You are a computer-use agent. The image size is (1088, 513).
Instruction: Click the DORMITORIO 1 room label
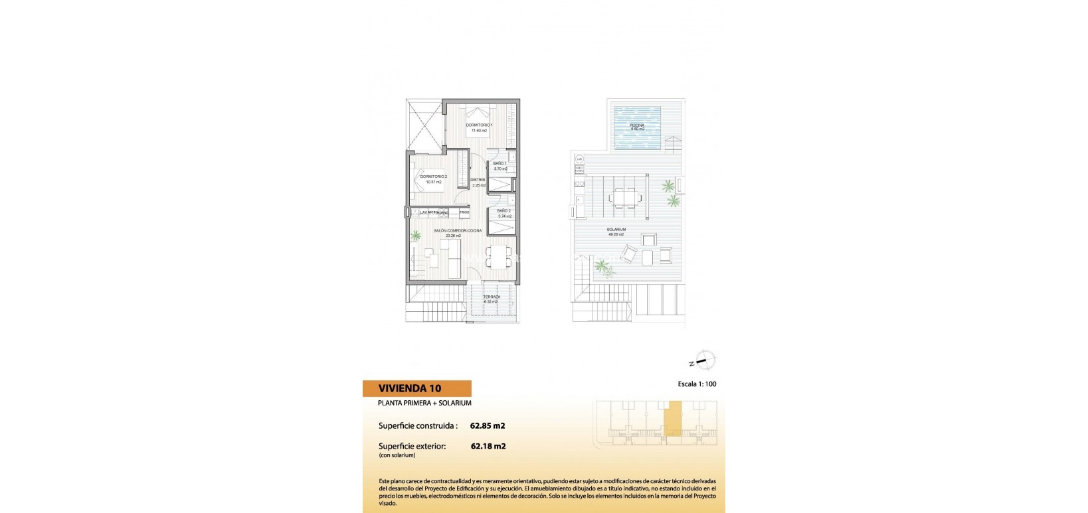[479, 125]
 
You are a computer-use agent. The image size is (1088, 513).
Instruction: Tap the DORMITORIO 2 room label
[432, 177]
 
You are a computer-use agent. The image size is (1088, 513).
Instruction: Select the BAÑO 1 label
[500, 163]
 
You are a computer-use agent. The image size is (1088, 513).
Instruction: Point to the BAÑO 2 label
[504, 211]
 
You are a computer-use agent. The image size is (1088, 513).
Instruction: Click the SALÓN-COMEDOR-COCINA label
[458, 230]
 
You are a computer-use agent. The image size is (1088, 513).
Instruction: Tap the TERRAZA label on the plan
[491, 297]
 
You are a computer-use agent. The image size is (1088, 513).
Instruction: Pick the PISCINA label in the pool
[637, 125]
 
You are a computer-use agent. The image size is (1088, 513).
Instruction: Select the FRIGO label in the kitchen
[464, 212]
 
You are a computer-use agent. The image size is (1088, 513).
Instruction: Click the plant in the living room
[416, 235]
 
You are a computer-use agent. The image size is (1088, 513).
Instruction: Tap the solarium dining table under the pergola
[624, 197]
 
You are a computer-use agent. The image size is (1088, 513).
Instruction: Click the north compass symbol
[704, 361]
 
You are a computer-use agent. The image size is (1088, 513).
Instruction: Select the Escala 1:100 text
[697, 384]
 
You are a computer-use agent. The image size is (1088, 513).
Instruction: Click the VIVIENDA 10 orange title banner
[416, 388]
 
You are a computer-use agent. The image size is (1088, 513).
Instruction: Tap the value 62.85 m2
[488, 425]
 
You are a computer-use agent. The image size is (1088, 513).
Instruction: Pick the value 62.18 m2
[488, 446]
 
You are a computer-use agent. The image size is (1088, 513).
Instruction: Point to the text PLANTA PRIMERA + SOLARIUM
[424, 403]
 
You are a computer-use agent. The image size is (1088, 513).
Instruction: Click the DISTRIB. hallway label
[478, 180]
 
